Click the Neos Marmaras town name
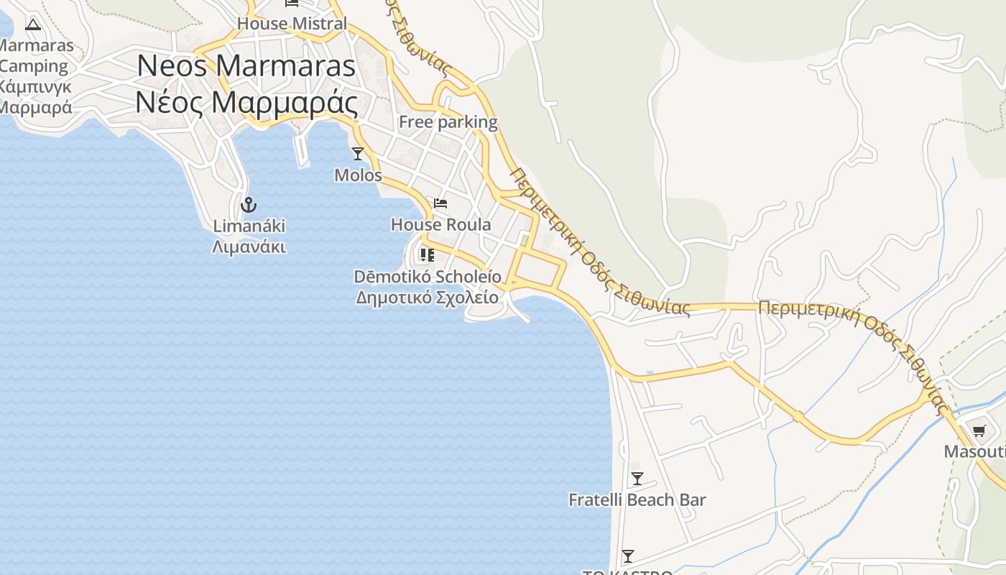coord(246,66)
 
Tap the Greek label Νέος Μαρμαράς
coord(246,103)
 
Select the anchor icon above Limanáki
coord(249,205)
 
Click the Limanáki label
coord(249,226)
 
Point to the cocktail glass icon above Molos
coord(358,154)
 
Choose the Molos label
coord(358,175)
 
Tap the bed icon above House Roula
coord(440,203)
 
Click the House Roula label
coord(440,224)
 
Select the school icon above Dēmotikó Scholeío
coord(428,255)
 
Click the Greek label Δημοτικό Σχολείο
coord(428,298)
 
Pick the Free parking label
coord(448,122)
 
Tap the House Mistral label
coord(292,24)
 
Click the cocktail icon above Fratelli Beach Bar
coord(637,479)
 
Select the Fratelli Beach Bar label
coord(637,500)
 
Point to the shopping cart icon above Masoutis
coord(979,431)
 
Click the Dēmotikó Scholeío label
coord(428,277)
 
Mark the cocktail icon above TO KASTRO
coord(628,556)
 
